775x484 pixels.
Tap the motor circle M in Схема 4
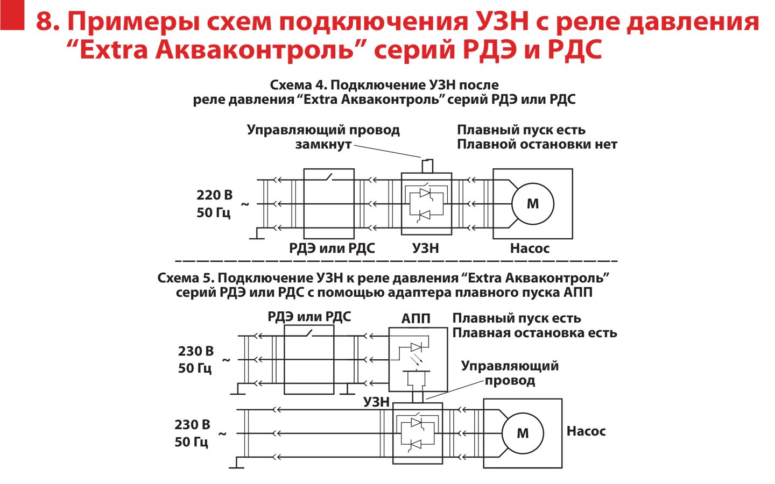[532, 204]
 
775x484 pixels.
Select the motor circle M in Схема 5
[523, 433]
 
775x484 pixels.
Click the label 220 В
[214, 195]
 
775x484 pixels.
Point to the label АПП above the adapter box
[416, 319]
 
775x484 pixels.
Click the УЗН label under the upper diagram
[425, 248]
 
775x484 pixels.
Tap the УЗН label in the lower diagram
[376, 402]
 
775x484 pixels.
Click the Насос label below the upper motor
[530, 248]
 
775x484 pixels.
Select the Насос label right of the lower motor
[586, 431]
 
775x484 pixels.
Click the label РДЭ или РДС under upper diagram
[332, 248]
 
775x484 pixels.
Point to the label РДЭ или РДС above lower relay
[309, 317]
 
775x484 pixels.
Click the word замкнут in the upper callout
[323, 144]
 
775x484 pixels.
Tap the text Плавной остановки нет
[537, 144]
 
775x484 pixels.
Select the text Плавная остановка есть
[534, 333]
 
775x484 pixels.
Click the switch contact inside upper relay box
[330, 177]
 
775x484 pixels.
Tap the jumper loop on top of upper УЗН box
[427, 165]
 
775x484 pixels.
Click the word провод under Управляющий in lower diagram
[509, 381]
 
